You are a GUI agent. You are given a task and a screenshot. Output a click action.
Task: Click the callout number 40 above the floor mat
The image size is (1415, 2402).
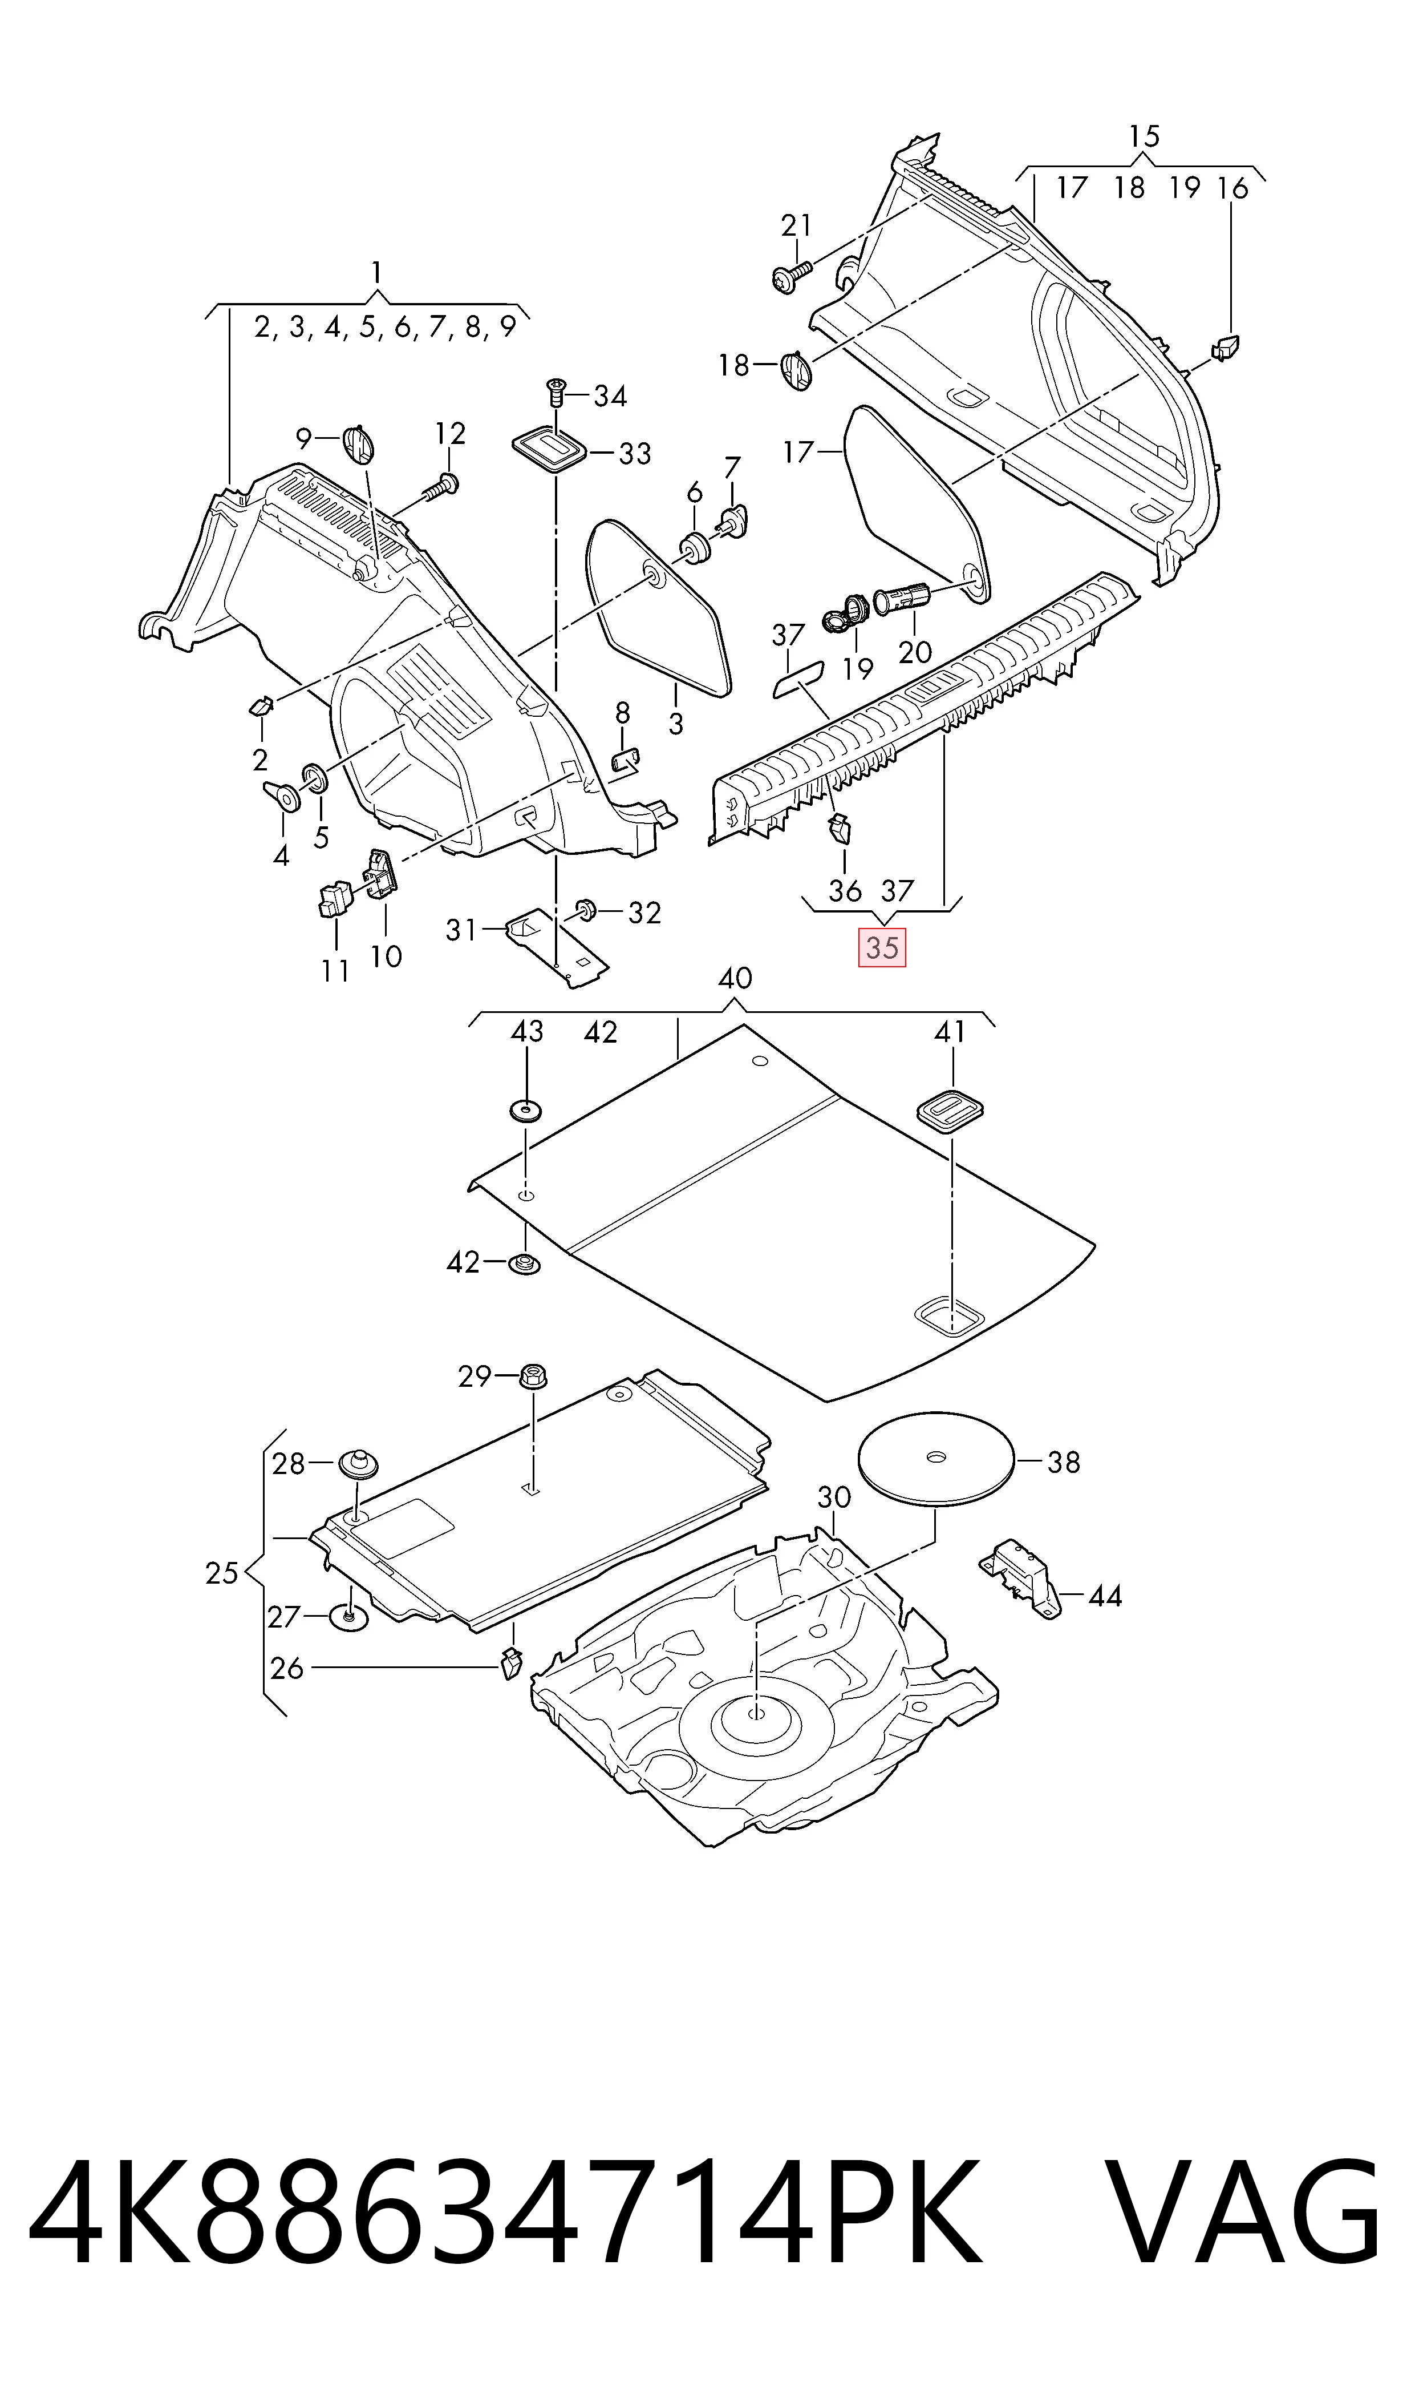[x=734, y=978]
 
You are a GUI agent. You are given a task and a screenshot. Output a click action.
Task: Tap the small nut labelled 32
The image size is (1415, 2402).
[x=586, y=910]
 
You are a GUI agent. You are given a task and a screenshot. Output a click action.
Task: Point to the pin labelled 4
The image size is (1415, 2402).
[x=281, y=794]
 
